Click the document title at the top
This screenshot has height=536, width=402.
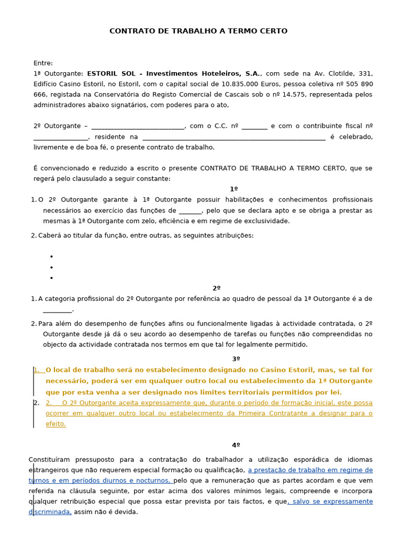pos(198,31)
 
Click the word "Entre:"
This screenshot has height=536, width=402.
pos(43,63)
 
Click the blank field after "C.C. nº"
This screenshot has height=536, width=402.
pos(254,126)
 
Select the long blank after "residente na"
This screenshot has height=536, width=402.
pos(233,137)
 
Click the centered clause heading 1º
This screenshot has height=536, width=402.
pos(233,189)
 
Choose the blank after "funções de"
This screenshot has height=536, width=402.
pos(190,211)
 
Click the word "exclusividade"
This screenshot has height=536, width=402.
pos(266,221)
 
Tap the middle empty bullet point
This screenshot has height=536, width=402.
pos(51,267)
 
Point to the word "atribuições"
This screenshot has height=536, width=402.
pos(234,236)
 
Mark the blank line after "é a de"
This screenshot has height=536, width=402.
pos(57,310)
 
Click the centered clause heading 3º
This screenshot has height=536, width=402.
pos(236,359)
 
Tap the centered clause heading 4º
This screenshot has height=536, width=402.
pos(236,445)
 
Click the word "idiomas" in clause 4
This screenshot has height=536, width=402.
pos(360,460)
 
